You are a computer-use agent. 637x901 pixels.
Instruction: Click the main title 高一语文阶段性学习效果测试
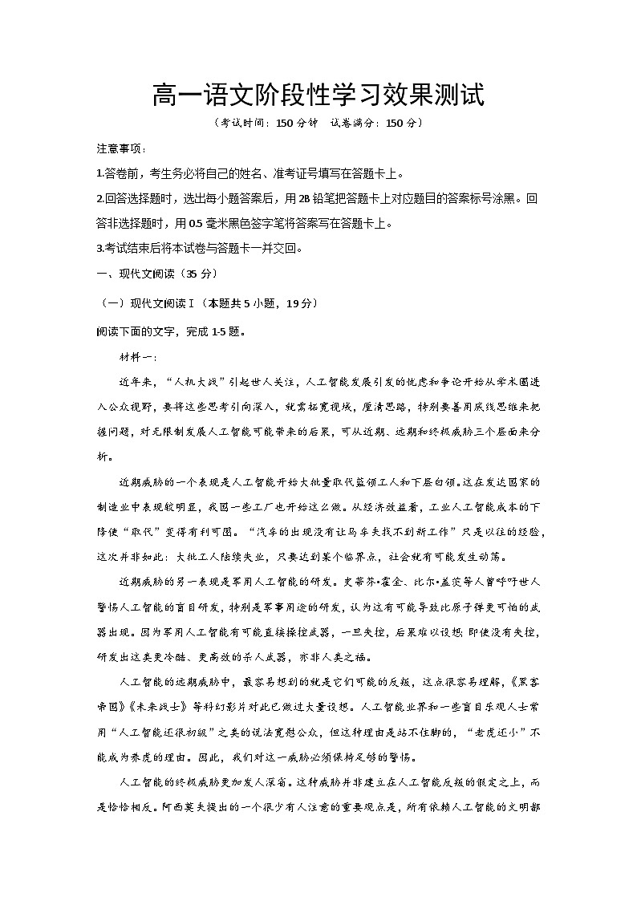(318, 97)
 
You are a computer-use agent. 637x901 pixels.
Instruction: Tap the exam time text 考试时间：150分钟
(258, 124)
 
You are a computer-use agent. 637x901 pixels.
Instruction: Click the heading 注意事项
(120, 149)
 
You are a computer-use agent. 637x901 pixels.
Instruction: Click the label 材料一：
(138, 357)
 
